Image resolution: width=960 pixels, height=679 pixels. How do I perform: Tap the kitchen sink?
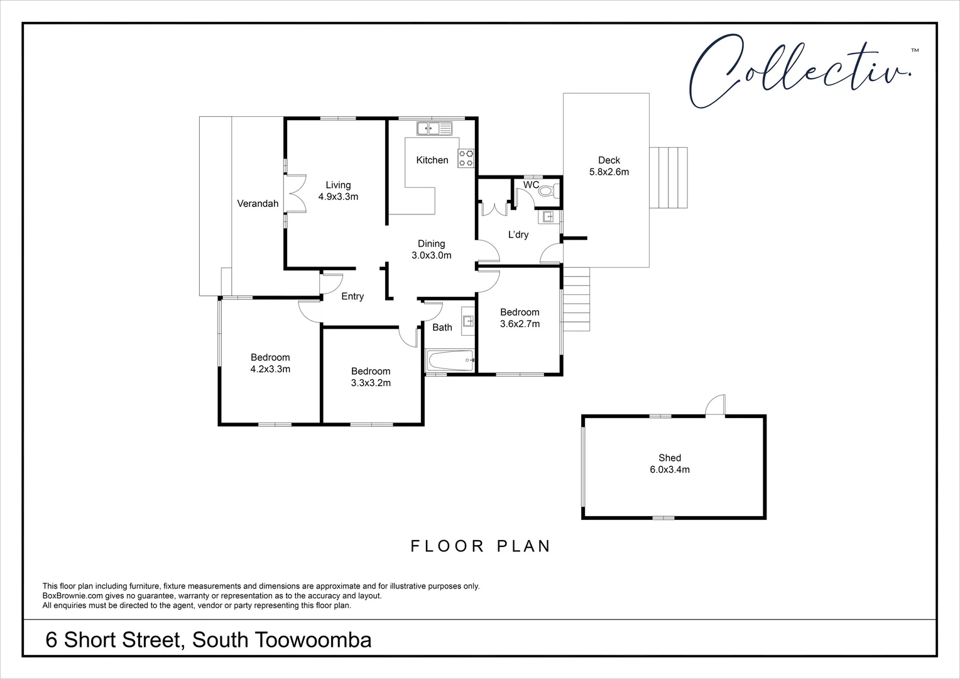point(434,128)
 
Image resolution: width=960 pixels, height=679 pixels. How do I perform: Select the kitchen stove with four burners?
point(466,158)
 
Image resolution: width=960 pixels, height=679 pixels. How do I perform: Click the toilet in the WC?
point(547,190)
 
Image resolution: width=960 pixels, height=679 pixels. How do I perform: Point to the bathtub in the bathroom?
point(450,362)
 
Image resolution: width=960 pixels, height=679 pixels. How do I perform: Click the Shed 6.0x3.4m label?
point(670,464)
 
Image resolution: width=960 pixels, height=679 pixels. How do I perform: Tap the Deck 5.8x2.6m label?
point(608,166)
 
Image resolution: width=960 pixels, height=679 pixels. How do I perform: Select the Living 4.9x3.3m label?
point(338,190)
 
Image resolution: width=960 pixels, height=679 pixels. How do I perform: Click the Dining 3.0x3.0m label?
point(431,250)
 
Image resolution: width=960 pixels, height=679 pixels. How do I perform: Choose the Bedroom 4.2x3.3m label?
point(270,363)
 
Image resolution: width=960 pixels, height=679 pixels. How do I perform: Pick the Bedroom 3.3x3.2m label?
point(371,377)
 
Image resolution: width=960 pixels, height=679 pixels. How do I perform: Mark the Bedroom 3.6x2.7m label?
point(520,318)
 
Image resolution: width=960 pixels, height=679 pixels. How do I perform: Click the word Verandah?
point(258,204)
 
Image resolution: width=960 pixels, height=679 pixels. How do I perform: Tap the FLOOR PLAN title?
point(481,546)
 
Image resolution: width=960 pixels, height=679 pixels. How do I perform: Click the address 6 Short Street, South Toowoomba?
point(209,640)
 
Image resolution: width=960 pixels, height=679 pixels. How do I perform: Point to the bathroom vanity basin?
point(468,321)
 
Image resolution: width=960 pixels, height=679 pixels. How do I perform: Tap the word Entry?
point(352,297)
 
